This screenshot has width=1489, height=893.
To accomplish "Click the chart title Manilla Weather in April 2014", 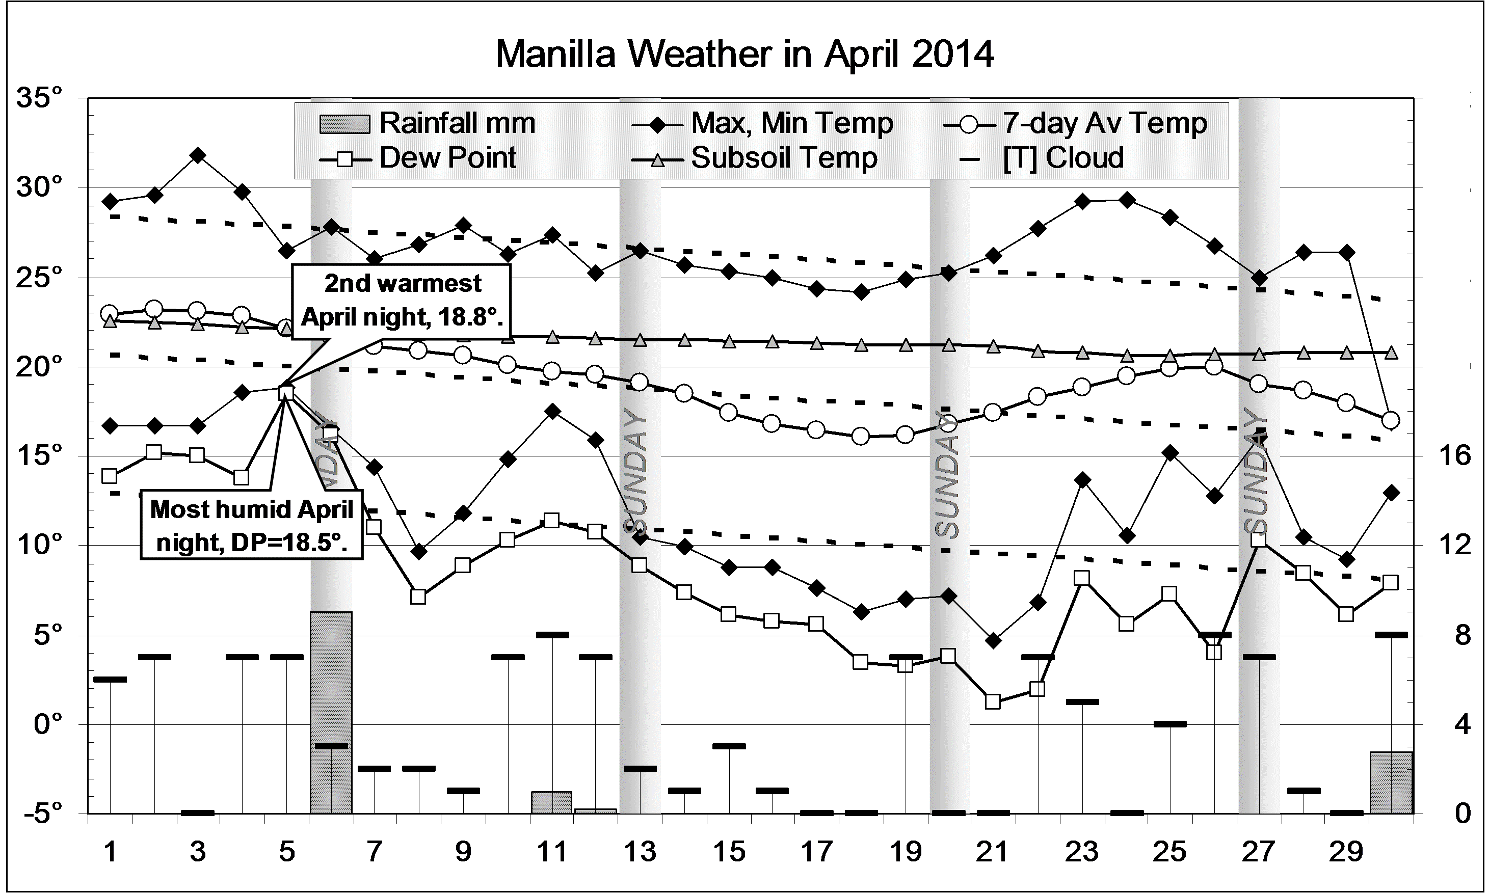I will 744,54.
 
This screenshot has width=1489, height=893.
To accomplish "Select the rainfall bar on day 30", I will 1392,782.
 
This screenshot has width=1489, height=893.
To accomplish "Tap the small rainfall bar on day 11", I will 551,803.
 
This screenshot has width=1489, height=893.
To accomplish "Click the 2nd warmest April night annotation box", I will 402,300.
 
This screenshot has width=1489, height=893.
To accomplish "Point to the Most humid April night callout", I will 252,525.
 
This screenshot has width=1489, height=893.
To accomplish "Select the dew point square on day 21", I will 993,701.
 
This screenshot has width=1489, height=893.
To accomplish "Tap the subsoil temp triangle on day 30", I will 1392,353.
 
